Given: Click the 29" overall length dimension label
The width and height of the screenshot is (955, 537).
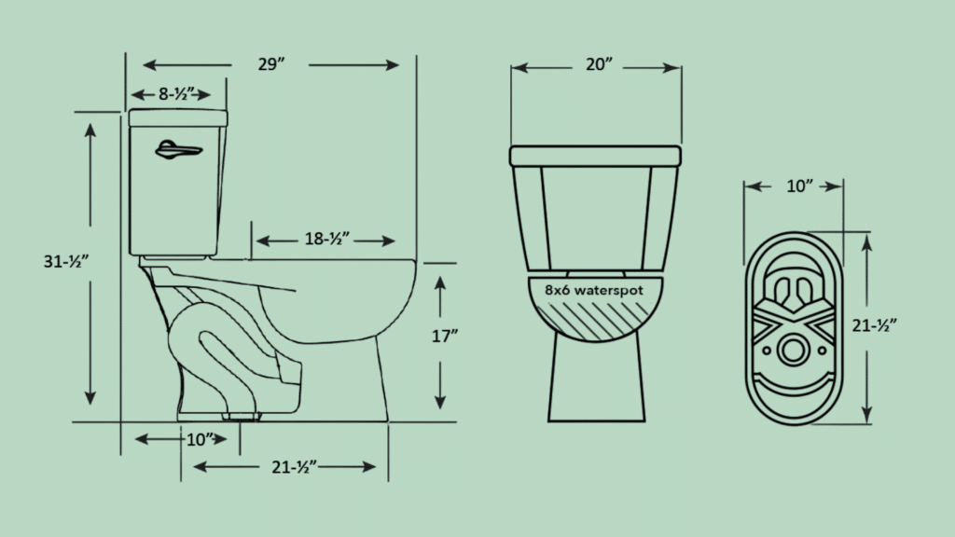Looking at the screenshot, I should point(271,65).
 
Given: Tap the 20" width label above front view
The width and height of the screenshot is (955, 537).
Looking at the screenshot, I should point(597,65).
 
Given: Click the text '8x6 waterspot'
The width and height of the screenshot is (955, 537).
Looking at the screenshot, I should point(595,291).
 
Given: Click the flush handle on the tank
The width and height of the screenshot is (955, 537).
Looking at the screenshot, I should point(176,149).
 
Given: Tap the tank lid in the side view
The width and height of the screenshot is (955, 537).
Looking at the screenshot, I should point(178,117).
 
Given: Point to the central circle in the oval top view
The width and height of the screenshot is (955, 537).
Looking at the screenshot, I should point(794,351).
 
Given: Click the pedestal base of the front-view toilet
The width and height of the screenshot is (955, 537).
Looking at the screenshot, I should point(595,382).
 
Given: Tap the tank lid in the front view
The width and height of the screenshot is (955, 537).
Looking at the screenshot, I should point(595,155).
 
